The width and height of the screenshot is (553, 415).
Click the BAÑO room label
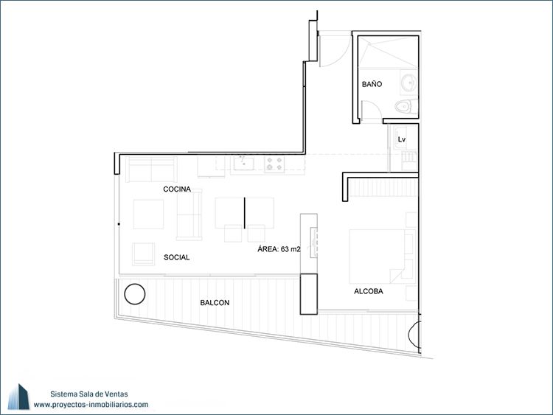(x=372, y=84)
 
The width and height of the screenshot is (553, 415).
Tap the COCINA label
(x=177, y=189)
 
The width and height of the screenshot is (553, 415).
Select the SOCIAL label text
(x=177, y=257)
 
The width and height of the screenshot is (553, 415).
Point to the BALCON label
(x=215, y=302)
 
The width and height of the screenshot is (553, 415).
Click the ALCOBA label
(x=369, y=291)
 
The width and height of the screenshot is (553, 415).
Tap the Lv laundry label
(x=402, y=139)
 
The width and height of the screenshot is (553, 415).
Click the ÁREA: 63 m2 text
(x=279, y=249)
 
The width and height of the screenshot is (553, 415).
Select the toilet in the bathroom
(x=406, y=106)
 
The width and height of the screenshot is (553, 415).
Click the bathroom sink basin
(x=409, y=83)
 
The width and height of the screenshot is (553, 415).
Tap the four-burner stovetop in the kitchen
(x=274, y=164)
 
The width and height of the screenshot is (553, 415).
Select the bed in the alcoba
(x=382, y=257)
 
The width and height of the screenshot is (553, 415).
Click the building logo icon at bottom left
(x=18, y=397)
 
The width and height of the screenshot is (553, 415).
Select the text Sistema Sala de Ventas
(x=89, y=394)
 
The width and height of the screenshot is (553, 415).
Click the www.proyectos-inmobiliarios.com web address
(x=91, y=405)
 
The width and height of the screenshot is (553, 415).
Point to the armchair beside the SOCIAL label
(x=143, y=254)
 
